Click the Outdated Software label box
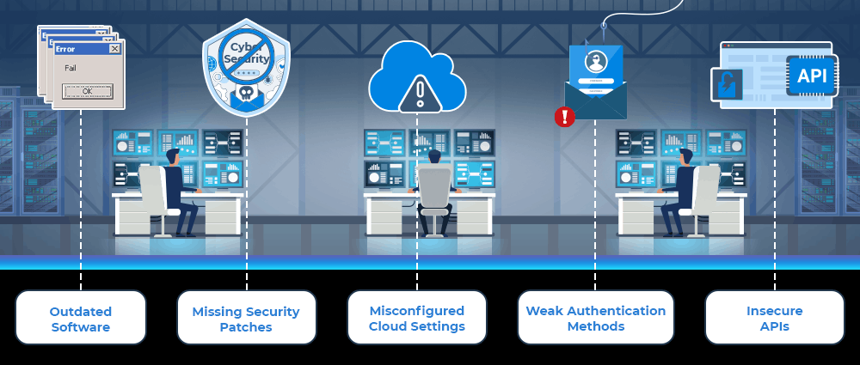pyautogui.click(x=81, y=318)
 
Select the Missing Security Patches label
pyautogui.click(x=247, y=318)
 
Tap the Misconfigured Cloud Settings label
pyautogui.click(x=417, y=318)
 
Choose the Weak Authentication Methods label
pyautogui.click(x=595, y=318)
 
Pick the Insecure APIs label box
pyautogui.click(x=774, y=318)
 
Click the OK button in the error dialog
pyautogui.click(x=87, y=90)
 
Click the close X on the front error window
pyautogui.click(x=114, y=49)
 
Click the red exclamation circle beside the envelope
pyautogui.click(x=564, y=117)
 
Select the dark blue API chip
pyautogui.click(x=811, y=76)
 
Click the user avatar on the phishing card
pyautogui.click(x=595, y=63)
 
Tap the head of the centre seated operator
pyautogui.click(x=434, y=157)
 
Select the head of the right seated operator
pyautogui.click(x=685, y=156)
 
